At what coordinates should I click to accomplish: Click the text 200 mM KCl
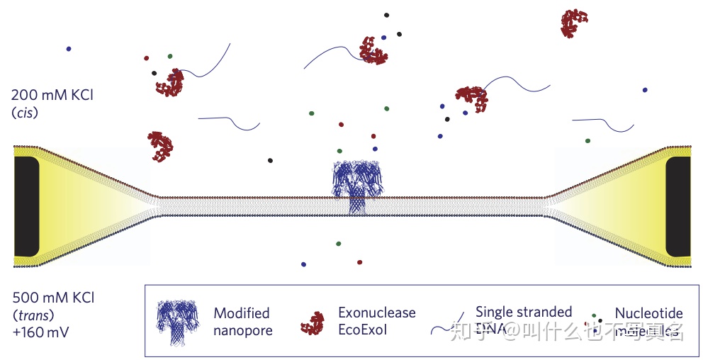click(x=52, y=95)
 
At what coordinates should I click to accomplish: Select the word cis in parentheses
click(x=25, y=113)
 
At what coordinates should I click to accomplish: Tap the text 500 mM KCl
click(x=53, y=297)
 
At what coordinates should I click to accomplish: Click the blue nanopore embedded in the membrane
click(x=358, y=186)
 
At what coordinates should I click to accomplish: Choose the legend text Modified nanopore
click(x=242, y=321)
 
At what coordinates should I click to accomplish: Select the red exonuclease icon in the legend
click(x=313, y=322)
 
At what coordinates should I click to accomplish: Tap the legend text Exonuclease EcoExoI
click(x=376, y=321)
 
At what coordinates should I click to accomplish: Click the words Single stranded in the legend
click(x=523, y=312)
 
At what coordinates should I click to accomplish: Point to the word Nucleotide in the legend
click(x=648, y=313)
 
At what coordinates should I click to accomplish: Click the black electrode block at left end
click(x=26, y=206)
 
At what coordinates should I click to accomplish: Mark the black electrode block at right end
click(x=678, y=206)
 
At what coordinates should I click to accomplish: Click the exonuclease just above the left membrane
click(x=161, y=146)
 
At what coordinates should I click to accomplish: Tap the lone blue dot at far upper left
click(x=69, y=48)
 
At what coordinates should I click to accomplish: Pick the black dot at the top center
click(x=386, y=14)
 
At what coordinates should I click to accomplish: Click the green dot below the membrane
click(x=338, y=243)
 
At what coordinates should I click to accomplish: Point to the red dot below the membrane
click(x=359, y=262)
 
